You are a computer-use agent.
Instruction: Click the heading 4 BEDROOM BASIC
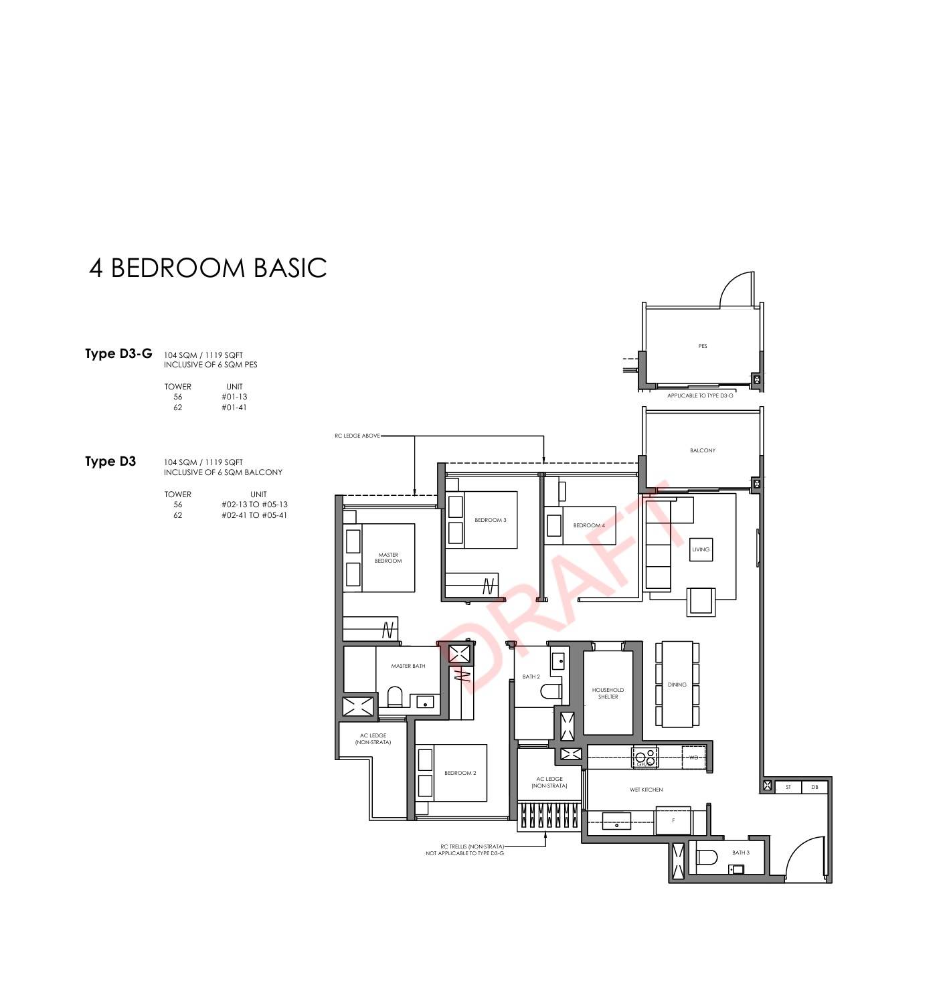(x=207, y=268)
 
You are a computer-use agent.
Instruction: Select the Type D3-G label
(x=118, y=353)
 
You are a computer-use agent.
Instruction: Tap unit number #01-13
(x=234, y=397)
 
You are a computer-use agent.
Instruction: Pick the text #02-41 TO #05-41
(x=254, y=515)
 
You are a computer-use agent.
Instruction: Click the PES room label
(x=703, y=346)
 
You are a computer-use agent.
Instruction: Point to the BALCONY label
(x=703, y=450)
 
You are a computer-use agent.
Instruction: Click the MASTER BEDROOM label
(x=388, y=558)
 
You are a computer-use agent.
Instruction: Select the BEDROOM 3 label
(x=491, y=520)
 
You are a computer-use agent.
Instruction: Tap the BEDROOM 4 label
(x=589, y=525)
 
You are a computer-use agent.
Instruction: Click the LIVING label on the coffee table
(x=701, y=549)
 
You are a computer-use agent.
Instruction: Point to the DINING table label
(x=677, y=685)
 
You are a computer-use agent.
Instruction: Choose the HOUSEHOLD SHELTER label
(x=608, y=693)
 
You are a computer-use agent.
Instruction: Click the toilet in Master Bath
(x=394, y=697)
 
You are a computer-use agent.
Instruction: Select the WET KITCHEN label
(x=646, y=790)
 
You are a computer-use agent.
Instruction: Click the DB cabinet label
(x=814, y=787)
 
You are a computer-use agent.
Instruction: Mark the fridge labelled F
(x=673, y=820)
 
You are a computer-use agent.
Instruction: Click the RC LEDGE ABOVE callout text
(x=357, y=436)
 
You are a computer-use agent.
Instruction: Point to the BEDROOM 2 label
(x=460, y=773)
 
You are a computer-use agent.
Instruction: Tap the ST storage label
(x=788, y=787)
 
